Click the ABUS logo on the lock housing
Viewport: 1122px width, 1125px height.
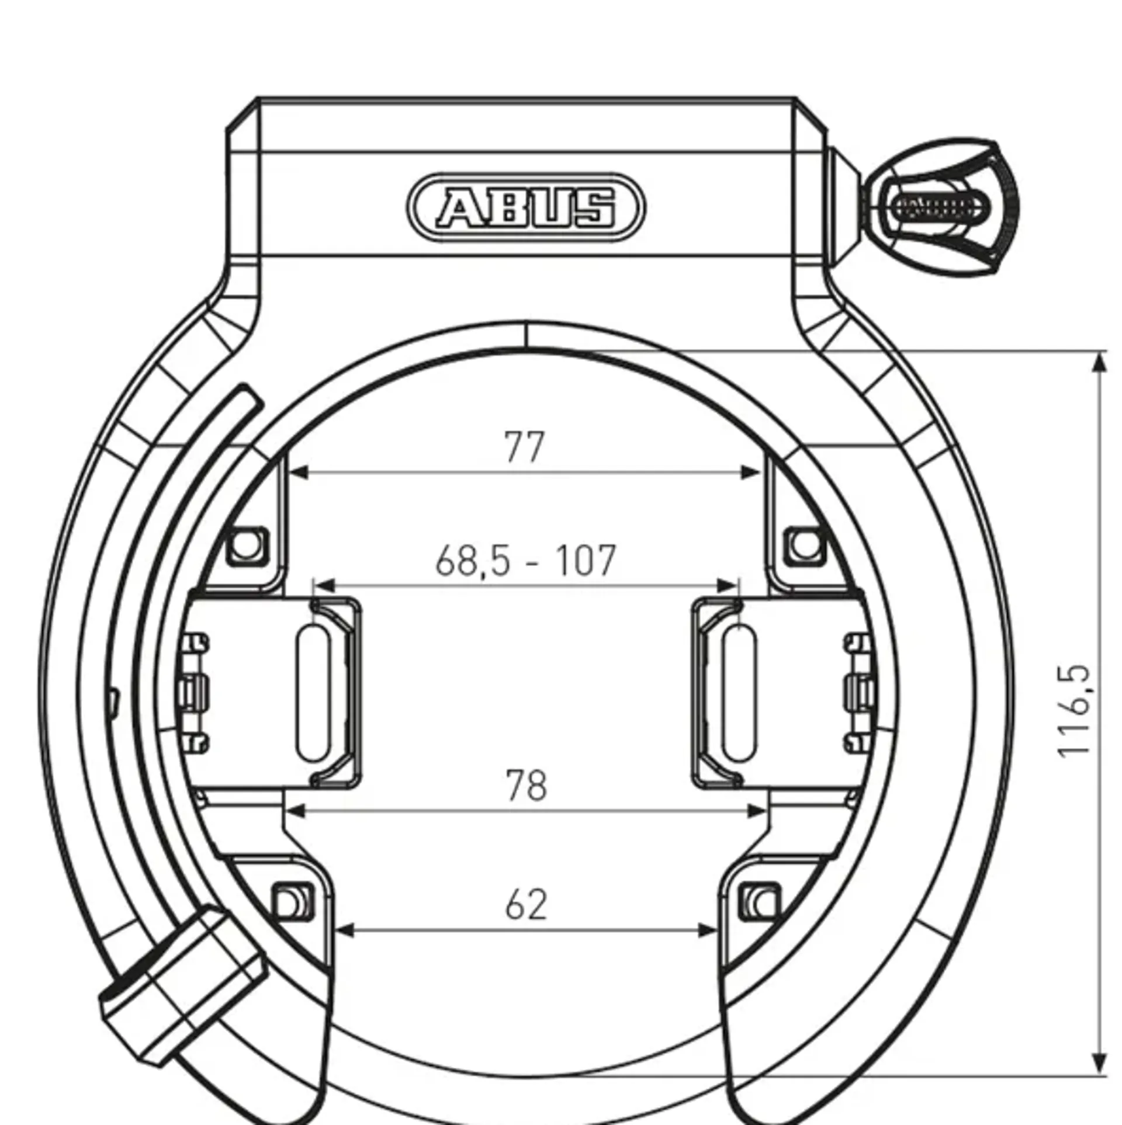coord(526,207)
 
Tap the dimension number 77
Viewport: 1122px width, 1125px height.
coord(524,447)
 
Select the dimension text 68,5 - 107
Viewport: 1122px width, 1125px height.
coord(526,561)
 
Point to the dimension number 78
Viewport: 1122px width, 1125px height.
coord(526,786)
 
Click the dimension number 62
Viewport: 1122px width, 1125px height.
coord(526,905)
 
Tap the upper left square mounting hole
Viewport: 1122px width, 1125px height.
coord(247,546)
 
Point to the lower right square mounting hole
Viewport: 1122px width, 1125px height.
coord(760,903)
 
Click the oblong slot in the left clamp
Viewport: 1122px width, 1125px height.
coord(314,693)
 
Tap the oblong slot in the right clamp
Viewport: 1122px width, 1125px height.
coord(739,693)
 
